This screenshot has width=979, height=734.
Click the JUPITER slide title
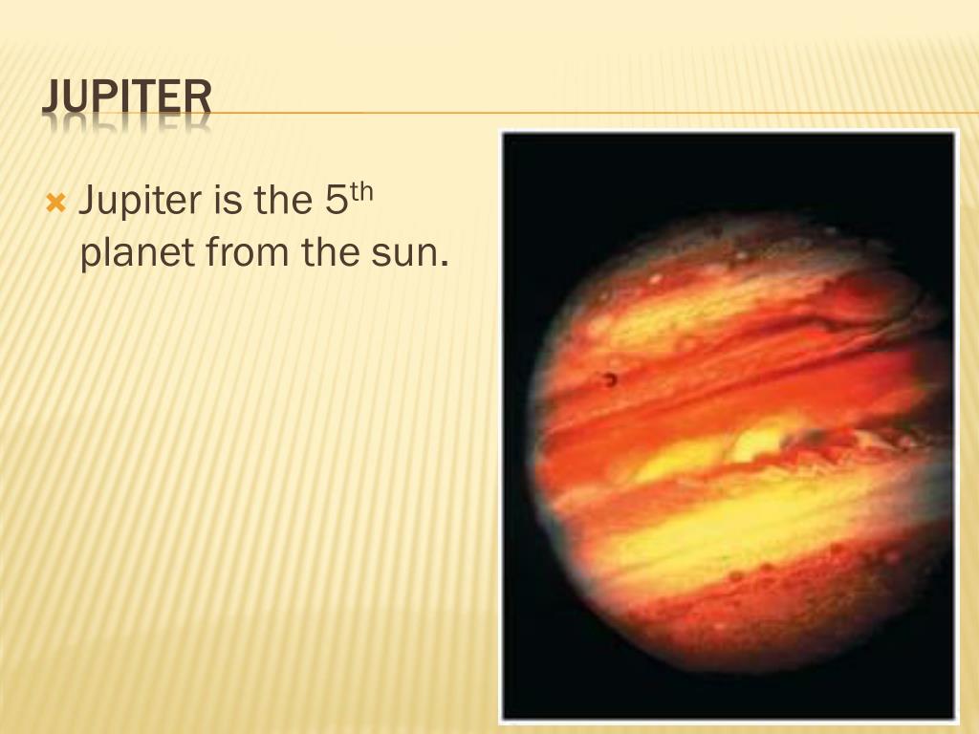(126, 99)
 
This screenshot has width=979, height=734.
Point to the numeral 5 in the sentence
(328, 202)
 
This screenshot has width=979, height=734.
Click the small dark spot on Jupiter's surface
(609, 379)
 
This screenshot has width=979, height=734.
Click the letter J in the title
(52, 99)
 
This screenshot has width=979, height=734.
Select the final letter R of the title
(198, 99)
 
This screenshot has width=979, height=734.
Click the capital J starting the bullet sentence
(87, 202)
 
